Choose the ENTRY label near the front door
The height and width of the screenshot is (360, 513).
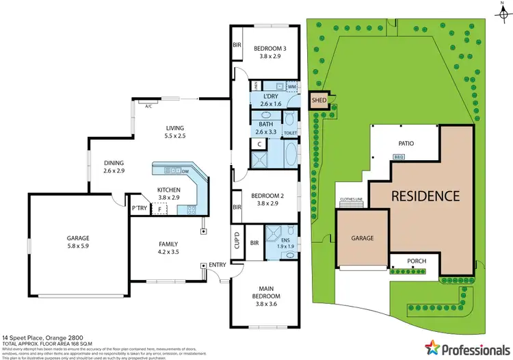point(218,265)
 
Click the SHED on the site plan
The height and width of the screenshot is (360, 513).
point(319,100)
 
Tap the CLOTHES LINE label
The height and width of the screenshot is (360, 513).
point(351,201)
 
